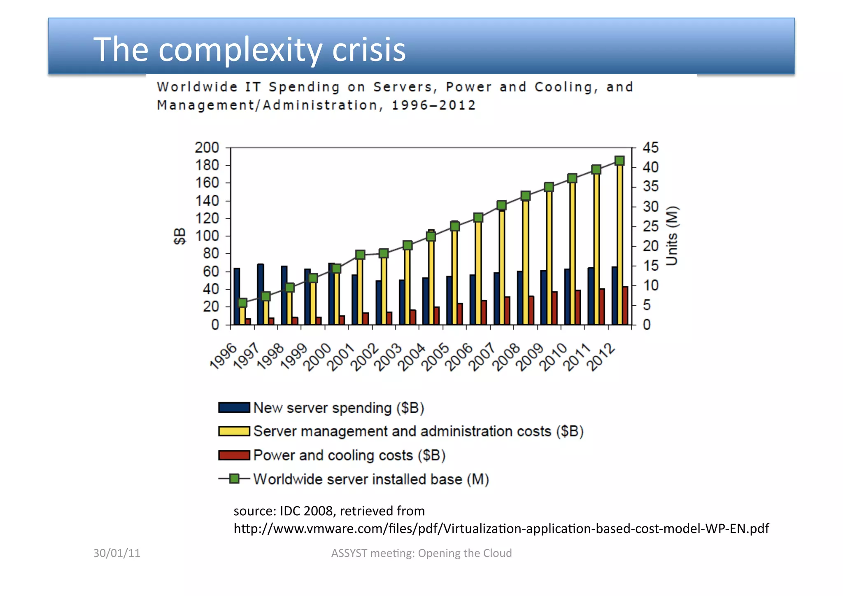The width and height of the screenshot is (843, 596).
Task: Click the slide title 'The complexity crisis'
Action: coord(249,49)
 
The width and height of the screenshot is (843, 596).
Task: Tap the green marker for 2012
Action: coord(619,161)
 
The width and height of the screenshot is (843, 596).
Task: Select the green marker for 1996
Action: coord(242,303)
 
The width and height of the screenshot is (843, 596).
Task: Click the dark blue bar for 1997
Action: coord(260,294)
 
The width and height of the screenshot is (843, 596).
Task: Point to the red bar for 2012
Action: coord(625,306)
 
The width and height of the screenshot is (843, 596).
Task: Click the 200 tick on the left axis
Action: coord(207,147)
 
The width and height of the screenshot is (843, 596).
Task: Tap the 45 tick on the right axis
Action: coord(650,147)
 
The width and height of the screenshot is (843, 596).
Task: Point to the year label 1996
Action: coord(224,357)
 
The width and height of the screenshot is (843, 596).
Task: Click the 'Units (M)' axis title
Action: coord(672,236)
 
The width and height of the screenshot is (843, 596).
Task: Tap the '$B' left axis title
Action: coord(180,236)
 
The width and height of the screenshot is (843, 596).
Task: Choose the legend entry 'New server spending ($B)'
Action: coord(338,408)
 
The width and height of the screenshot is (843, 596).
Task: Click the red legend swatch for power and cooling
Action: coord(234,455)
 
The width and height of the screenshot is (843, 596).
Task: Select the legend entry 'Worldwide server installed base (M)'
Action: coord(370,479)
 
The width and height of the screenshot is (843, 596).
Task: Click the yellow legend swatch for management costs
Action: coord(234,431)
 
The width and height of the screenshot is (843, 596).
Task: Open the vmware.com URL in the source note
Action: coord(501,528)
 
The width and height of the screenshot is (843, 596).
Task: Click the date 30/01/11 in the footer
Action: coord(117,553)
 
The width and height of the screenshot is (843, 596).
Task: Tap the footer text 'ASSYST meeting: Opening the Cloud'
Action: coord(421,553)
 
